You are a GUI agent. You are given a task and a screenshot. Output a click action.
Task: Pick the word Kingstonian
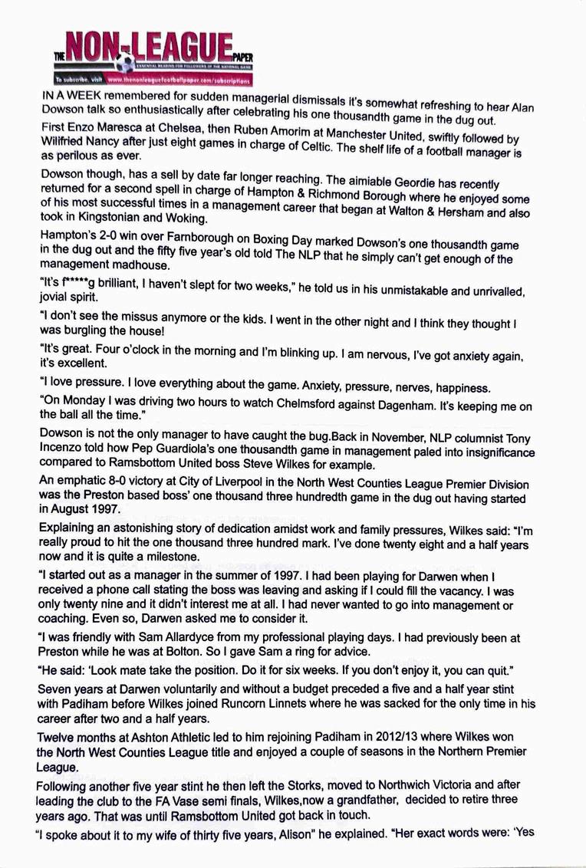(x=114, y=218)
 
